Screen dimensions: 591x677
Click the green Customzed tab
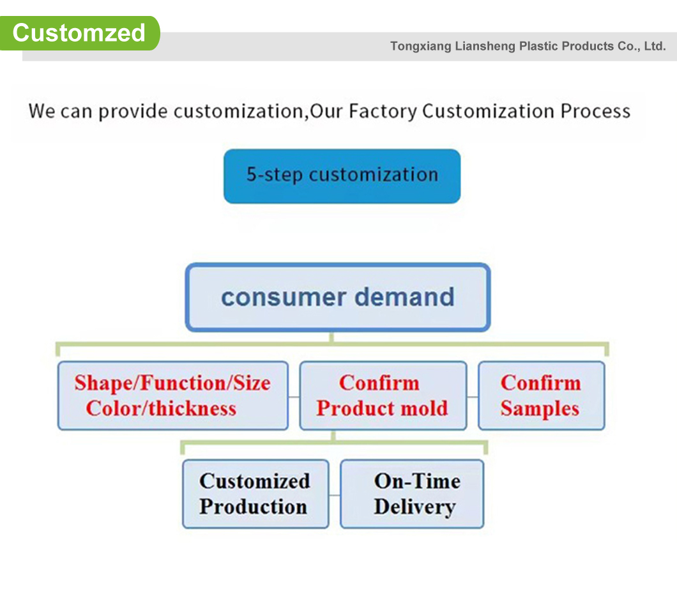pyautogui.click(x=79, y=33)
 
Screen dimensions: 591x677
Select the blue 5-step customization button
pyautogui.click(x=342, y=176)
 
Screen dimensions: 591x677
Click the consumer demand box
pyautogui.click(x=337, y=297)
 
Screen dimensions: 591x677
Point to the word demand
pyautogui.click(x=404, y=297)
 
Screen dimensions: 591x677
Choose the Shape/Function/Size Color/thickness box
pyautogui.click(x=172, y=395)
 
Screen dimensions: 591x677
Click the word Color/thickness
pyautogui.click(x=161, y=408)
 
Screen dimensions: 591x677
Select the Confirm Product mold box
pyautogui.click(x=383, y=395)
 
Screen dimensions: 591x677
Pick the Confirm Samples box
pyautogui.click(x=541, y=395)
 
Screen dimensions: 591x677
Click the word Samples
pyautogui.click(x=540, y=409)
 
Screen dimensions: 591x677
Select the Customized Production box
pyautogui.click(x=255, y=494)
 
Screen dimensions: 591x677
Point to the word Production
pyautogui.click(x=253, y=507)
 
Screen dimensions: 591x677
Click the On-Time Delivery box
pyautogui.click(x=412, y=494)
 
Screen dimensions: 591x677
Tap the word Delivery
pyautogui.click(x=415, y=507)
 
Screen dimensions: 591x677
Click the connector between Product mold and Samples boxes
pyautogui.click(x=473, y=397)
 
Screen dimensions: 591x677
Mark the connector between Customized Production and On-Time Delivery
pyautogui.click(x=334, y=495)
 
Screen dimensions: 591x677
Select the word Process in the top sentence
pyautogui.click(x=595, y=111)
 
